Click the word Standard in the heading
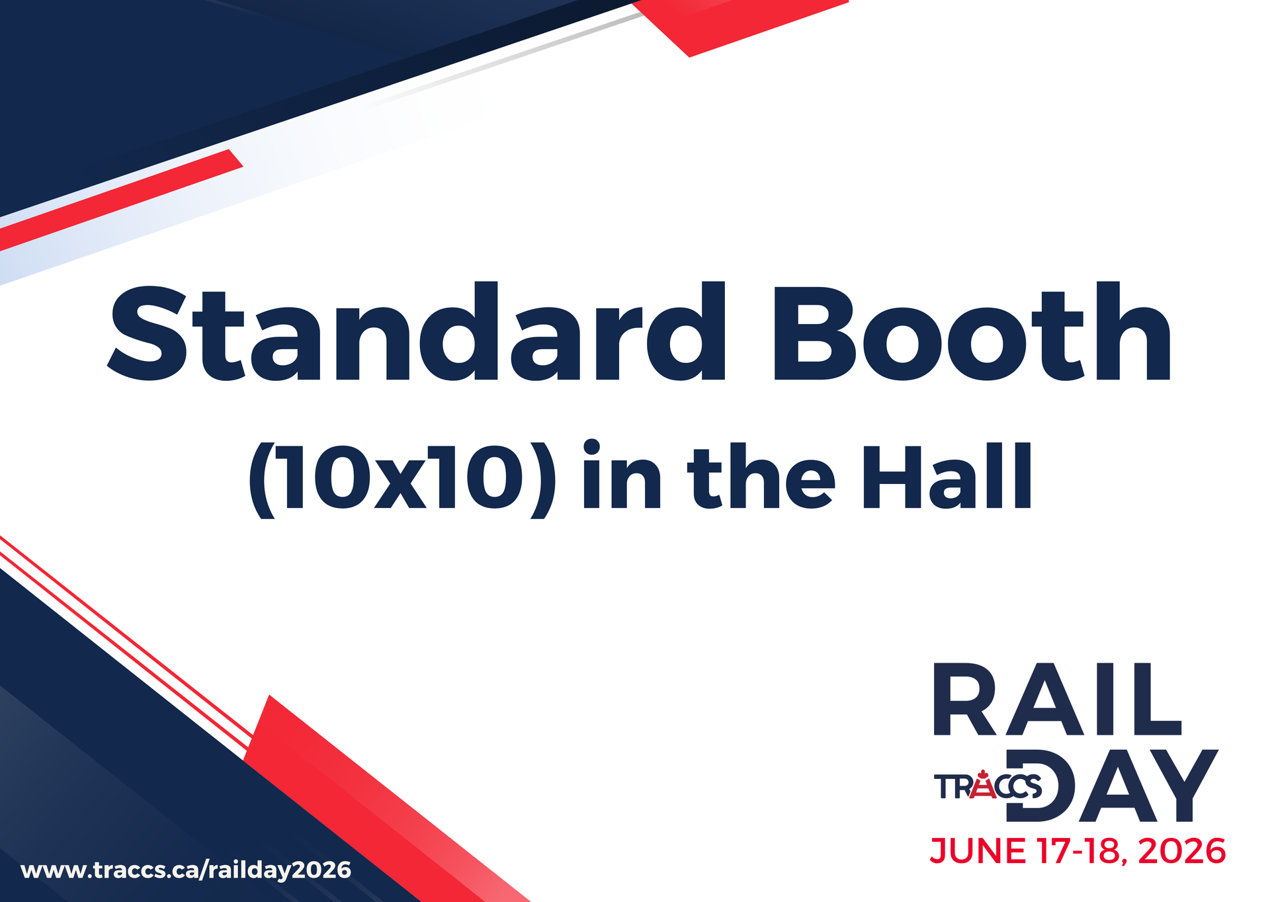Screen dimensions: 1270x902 (x=417, y=332)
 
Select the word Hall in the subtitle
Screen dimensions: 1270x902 (x=947, y=476)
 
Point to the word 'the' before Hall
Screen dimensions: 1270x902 (x=761, y=476)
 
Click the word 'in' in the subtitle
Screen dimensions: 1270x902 (x=621, y=475)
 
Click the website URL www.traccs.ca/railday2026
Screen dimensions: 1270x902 (x=186, y=870)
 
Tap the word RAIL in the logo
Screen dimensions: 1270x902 (x=1057, y=700)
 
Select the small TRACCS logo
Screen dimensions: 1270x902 (x=988, y=786)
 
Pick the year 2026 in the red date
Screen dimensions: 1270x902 (x=1182, y=851)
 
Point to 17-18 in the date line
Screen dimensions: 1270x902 (x=1079, y=851)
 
